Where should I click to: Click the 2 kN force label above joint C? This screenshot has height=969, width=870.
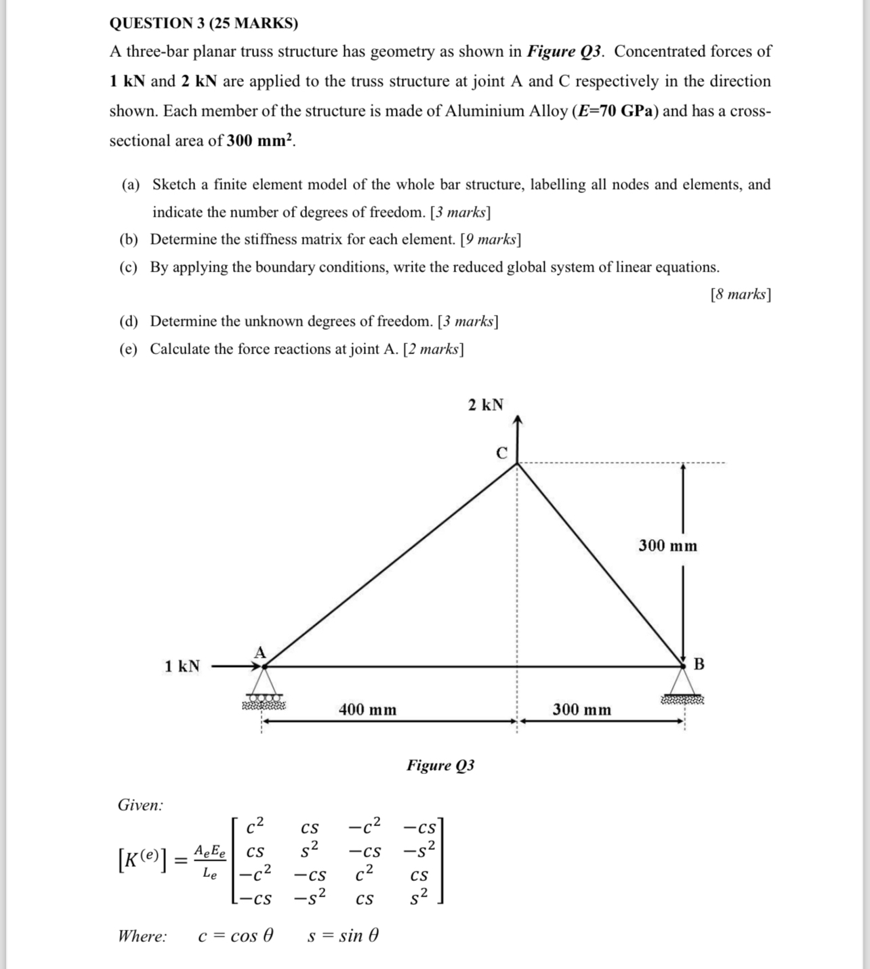point(485,405)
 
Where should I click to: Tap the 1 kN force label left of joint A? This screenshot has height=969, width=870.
point(182,666)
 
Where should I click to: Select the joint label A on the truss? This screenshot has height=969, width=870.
point(260,652)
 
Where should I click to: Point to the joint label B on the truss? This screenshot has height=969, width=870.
point(699,664)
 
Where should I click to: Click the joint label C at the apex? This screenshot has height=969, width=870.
point(501,453)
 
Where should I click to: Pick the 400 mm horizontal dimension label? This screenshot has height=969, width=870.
point(367,710)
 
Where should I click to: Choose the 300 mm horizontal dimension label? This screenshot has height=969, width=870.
point(581,710)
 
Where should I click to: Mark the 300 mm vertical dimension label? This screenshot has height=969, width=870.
point(667,546)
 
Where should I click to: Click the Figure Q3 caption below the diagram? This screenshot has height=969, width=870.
point(440,765)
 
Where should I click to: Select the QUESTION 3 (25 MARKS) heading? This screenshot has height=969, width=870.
point(203,24)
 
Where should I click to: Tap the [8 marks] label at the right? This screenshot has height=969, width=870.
point(741,294)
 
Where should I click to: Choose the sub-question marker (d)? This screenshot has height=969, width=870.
point(129,322)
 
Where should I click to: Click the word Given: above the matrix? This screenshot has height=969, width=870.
point(140,805)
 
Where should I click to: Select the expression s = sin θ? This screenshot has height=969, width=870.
point(343,936)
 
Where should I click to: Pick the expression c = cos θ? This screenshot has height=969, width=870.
point(236,936)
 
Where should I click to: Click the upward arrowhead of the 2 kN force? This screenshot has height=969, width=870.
point(518,421)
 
